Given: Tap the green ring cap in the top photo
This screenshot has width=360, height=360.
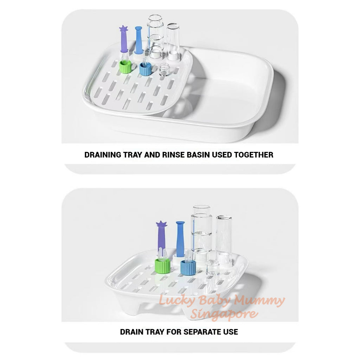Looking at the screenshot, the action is [126, 66].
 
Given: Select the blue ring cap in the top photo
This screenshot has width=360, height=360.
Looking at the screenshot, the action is [145, 69].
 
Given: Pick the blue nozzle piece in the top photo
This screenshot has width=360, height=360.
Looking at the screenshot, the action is [139, 40].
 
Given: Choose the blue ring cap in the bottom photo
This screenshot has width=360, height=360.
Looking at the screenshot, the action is [188, 268].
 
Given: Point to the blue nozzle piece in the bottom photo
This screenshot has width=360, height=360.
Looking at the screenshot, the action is [180, 239].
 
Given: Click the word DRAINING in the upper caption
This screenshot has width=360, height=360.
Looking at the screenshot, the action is [103, 155].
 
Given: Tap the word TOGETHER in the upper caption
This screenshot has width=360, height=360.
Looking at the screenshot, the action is [253, 155].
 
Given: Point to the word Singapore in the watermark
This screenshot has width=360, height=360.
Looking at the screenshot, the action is [224, 313].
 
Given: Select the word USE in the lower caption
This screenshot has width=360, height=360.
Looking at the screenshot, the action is [231, 332].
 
